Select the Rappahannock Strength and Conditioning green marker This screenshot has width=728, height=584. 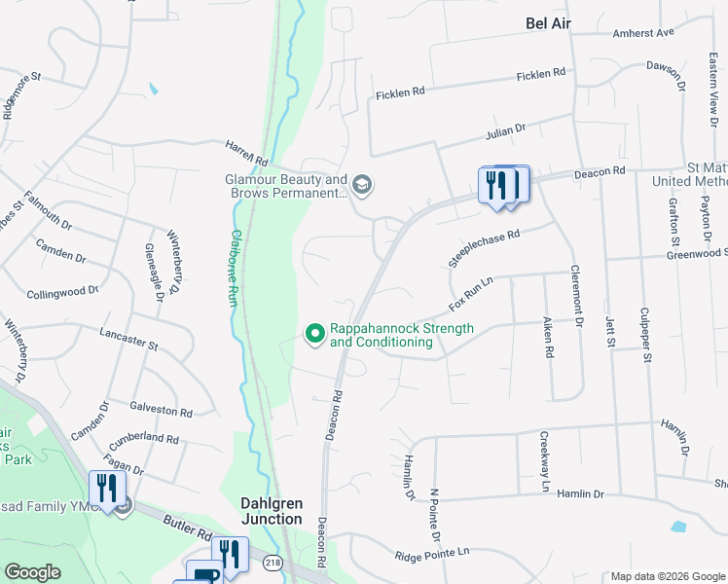click(315, 334)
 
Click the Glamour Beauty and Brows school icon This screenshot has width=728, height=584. click(362, 184)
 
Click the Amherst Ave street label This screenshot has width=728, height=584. click(643, 33)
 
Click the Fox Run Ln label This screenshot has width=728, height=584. click(472, 293)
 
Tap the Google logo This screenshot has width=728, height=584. click(33, 573)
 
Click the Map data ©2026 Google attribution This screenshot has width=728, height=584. click(667, 576)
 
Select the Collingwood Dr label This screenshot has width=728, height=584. click(63, 291)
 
